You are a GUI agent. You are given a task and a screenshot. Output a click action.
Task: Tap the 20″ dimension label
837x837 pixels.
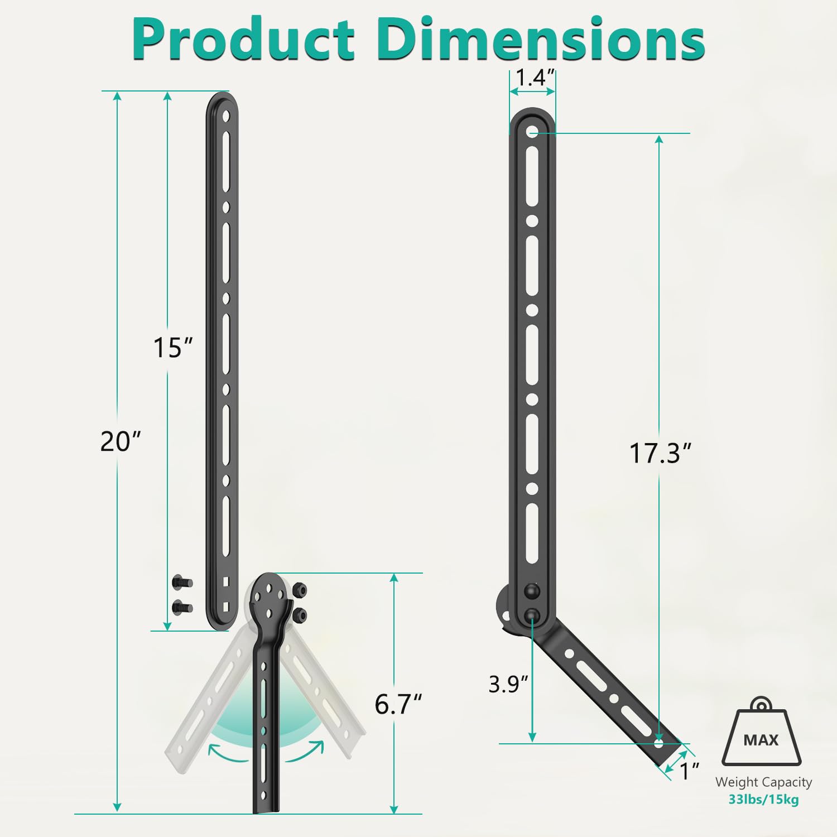click(x=120, y=441)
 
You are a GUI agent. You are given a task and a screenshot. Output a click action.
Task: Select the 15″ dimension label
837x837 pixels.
click(x=172, y=348)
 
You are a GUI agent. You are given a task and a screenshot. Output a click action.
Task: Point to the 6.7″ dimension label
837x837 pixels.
click(x=398, y=704)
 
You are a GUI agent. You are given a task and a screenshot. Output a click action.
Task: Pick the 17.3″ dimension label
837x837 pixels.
click(x=660, y=453)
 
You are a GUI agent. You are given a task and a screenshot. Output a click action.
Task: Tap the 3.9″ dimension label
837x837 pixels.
click(x=508, y=684)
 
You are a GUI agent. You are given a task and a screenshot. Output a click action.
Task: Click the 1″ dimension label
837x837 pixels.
click(x=690, y=771)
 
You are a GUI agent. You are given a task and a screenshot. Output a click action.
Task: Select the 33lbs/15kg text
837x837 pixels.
click(x=763, y=800)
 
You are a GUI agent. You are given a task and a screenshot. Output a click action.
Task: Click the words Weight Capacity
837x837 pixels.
click(x=763, y=782)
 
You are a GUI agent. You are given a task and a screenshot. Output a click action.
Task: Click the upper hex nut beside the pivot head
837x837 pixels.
click(x=300, y=590)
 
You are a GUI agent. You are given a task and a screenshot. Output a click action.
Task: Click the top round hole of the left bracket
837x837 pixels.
click(x=226, y=117)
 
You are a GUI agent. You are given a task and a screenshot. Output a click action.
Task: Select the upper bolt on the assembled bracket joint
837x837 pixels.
click(x=532, y=590)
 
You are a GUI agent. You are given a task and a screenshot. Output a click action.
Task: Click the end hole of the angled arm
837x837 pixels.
click(x=658, y=743)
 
